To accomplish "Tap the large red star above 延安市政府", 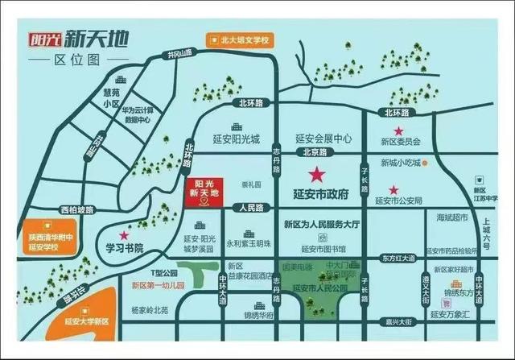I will pos(315,173).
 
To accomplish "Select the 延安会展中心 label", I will pos(323,138).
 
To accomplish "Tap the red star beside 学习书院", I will pos(125,234).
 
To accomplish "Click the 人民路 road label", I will pos(252,209).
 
